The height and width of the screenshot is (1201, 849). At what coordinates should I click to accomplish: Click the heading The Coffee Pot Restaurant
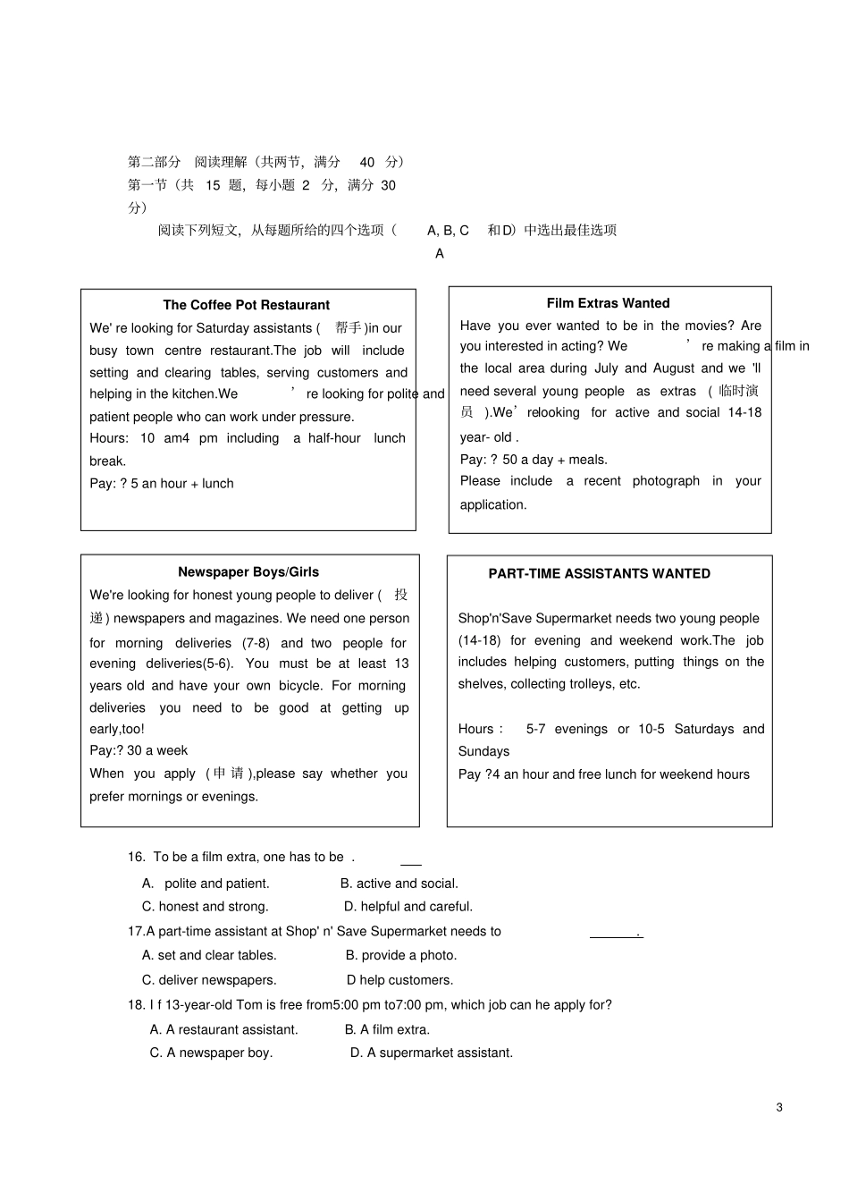click(246, 305)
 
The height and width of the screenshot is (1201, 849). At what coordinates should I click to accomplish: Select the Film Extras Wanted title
click(608, 303)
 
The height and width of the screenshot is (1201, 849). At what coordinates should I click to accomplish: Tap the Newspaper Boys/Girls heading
click(248, 572)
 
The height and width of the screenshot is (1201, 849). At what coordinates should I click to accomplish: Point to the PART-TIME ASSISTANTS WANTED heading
click(599, 574)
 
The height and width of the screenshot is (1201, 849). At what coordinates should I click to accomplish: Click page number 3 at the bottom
click(779, 1107)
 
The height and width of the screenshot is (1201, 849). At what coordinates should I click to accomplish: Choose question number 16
click(136, 857)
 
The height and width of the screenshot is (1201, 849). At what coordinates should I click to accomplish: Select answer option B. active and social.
click(399, 884)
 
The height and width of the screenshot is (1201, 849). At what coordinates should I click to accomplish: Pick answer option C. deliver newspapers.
click(209, 980)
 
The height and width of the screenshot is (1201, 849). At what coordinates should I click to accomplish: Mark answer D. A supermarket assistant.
click(432, 1053)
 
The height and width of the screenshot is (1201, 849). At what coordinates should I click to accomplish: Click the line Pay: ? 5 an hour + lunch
click(162, 484)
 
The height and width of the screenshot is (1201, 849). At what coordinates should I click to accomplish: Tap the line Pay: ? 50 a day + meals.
click(534, 460)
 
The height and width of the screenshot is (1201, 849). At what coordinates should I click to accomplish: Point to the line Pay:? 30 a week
click(139, 750)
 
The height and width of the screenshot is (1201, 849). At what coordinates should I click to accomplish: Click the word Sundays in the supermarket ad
click(483, 752)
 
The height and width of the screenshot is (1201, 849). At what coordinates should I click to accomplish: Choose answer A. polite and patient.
click(206, 884)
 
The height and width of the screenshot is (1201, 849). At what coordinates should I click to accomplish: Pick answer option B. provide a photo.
click(401, 955)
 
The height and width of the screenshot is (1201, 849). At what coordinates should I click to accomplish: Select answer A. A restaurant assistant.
click(223, 1029)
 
